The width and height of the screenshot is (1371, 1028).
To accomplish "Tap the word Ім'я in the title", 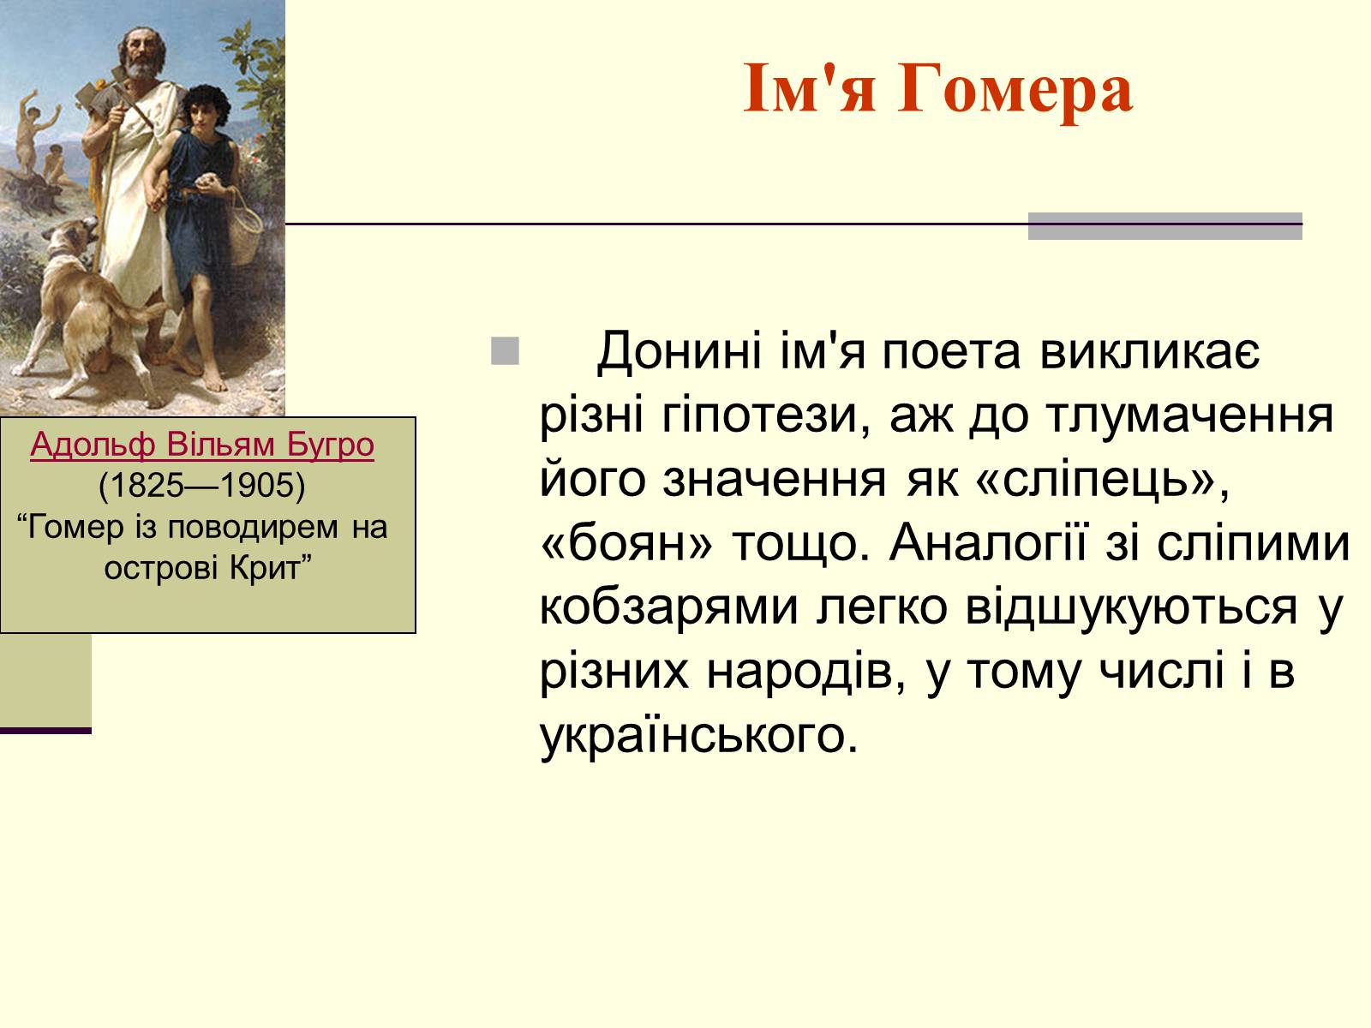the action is tap(810, 88).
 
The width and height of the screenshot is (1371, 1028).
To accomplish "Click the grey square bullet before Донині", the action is tap(506, 350).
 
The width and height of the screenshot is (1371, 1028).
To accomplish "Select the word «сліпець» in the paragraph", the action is tap(1102, 480).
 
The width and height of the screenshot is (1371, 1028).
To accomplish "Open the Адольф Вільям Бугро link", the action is tap(202, 445).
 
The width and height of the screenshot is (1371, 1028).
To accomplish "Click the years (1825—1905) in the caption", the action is tap(202, 485).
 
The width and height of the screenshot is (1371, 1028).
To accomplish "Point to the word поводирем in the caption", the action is tap(253, 528).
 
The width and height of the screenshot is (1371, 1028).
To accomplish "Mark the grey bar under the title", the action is tap(1164, 226).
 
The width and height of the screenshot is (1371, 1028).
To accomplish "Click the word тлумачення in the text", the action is tap(1190, 416).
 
